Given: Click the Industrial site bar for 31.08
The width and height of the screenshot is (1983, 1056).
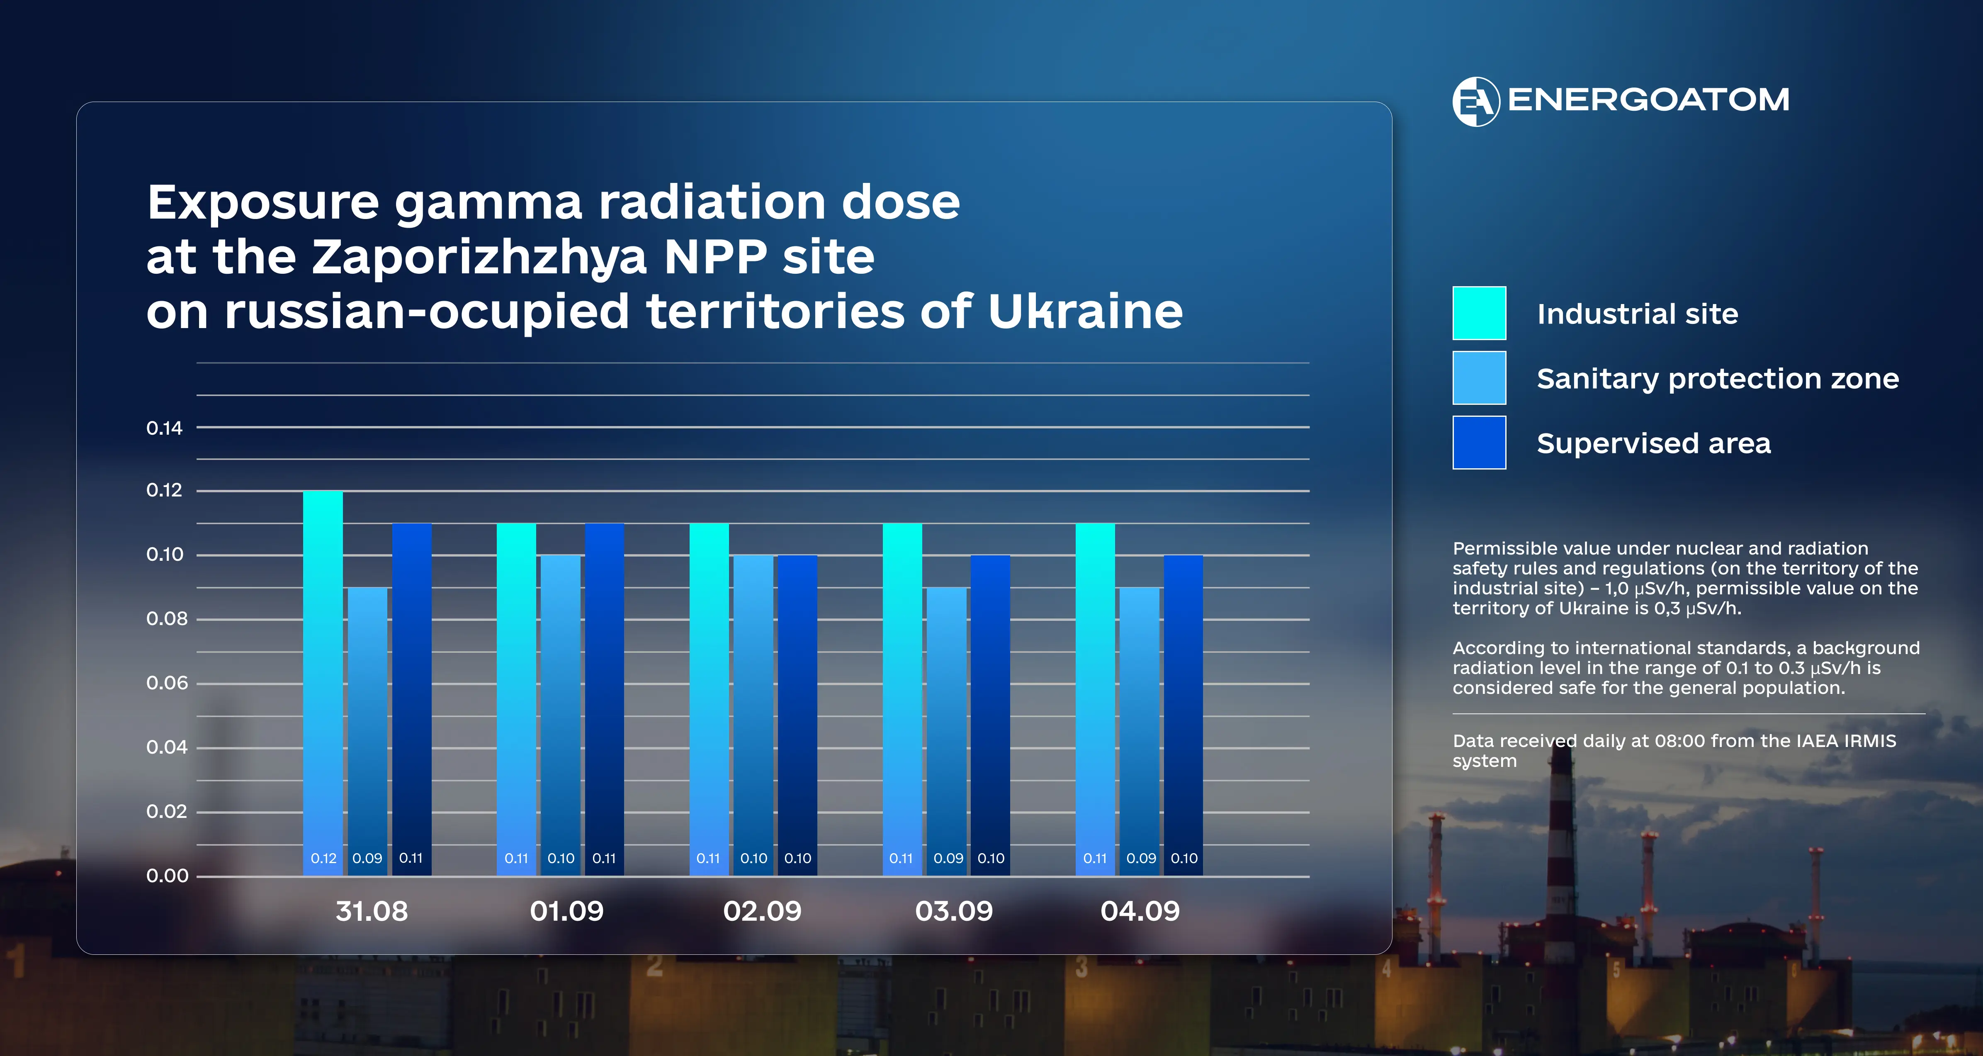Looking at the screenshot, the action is tap(323, 683).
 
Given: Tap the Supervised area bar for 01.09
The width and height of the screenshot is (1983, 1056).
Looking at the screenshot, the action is tap(604, 699).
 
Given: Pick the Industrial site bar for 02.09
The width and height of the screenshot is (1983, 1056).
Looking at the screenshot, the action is tap(709, 699).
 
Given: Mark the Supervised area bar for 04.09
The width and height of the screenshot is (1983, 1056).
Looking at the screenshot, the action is tap(1183, 715).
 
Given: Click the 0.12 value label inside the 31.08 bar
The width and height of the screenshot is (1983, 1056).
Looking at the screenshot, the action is tap(323, 858).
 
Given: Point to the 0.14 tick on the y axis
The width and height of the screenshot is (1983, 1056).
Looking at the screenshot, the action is tap(165, 428).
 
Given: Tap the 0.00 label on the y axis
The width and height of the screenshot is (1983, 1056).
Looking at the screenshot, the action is tap(167, 876).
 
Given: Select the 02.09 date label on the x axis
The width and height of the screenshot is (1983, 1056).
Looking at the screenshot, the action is tap(762, 911).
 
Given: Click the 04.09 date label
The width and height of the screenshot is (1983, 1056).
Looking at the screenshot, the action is tap(1140, 911).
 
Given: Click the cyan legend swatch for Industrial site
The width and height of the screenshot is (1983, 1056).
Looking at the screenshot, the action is tap(1479, 313).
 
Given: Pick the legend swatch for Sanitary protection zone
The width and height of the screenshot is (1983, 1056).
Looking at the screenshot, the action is tap(1479, 377).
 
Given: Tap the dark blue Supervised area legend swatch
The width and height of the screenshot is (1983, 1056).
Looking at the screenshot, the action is tap(1479, 442).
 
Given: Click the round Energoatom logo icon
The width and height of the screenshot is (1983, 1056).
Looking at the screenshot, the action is tap(1476, 101).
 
